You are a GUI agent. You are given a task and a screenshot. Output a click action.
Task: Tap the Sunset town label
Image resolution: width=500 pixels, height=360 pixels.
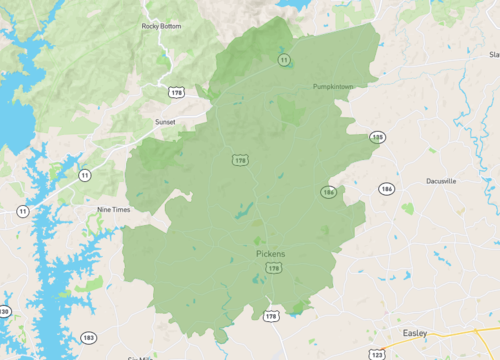tap(164, 122)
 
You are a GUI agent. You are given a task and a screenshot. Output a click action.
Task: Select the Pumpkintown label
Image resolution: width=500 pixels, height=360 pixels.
tap(334, 87)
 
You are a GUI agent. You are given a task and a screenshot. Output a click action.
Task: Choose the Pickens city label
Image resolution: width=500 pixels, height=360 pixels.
tap(270, 254)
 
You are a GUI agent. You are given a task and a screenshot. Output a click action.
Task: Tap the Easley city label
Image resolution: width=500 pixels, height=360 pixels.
tap(415, 334)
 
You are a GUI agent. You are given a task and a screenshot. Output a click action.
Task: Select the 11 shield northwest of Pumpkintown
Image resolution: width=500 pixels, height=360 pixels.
tap(284, 61)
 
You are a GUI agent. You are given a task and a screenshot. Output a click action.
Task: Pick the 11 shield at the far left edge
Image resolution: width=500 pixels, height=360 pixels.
tap(22, 212)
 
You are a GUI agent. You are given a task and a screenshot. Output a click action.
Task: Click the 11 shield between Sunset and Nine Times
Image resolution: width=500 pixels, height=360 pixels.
tap(85, 175)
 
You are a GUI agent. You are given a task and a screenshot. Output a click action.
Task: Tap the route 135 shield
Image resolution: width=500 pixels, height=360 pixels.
tap(377, 137)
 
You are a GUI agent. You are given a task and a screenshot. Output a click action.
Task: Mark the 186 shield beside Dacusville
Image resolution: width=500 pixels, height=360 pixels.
tap(386, 188)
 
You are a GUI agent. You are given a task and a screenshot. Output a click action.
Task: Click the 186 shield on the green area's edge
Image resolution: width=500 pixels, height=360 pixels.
tap(328, 191)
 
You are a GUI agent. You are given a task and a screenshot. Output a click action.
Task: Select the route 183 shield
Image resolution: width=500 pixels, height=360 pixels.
tap(89, 337)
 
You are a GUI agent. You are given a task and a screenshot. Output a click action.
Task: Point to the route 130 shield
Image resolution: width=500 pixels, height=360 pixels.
tap(4, 312)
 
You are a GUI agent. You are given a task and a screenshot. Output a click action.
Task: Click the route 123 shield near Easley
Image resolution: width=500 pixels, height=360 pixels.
tap(377, 354)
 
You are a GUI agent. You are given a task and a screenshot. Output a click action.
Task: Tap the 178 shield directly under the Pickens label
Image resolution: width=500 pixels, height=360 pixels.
tap(271, 316)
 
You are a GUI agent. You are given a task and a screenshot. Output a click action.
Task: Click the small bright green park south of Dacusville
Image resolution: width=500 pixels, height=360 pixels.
tap(408, 209)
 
